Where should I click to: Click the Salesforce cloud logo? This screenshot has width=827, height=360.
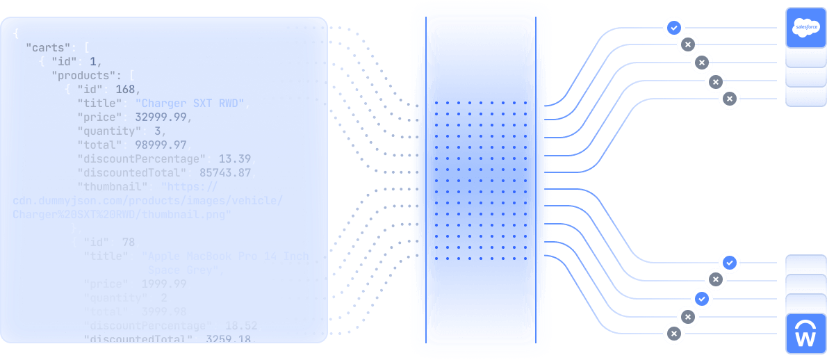tap(806, 28)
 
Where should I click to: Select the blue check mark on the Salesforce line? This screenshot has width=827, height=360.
tap(673, 28)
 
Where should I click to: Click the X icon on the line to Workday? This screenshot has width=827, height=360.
tap(673, 334)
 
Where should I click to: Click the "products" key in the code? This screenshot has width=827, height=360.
tap(83, 75)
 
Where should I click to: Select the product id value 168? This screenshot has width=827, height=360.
tap(128, 90)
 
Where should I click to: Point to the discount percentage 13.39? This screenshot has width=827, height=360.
tap(234, 159)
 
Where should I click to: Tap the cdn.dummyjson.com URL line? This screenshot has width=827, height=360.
tap(147, 201)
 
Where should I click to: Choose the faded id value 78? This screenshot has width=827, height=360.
tap(128, 242)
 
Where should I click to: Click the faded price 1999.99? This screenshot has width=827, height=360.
tap(163, 284)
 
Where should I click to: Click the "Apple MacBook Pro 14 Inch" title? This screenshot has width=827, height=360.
tap(224, 256)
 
